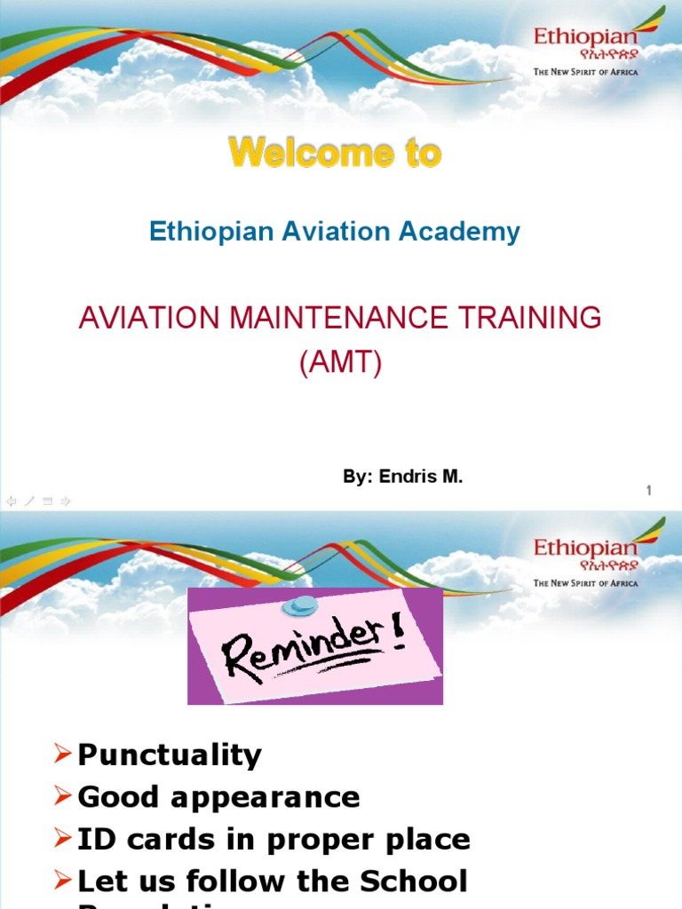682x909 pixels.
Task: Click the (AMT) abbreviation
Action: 340,364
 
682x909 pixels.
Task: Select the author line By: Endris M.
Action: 403,477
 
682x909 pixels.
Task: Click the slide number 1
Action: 649,490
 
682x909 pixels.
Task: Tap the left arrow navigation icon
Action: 11,501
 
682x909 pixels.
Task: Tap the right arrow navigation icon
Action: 65,501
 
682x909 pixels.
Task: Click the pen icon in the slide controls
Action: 28,501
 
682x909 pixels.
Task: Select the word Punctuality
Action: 170,755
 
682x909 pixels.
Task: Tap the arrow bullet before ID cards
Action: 61,838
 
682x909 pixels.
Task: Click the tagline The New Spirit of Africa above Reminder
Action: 585,583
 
